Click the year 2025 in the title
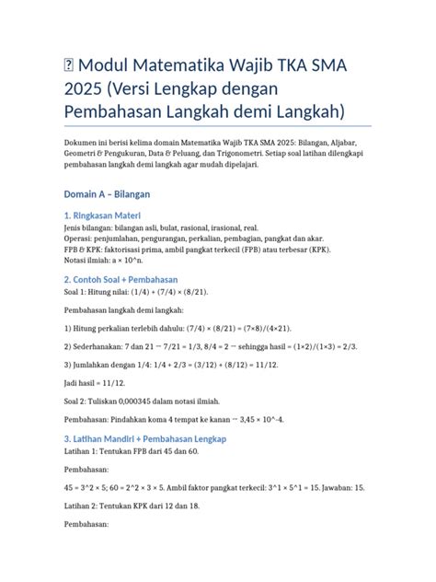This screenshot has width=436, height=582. (86, 88)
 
